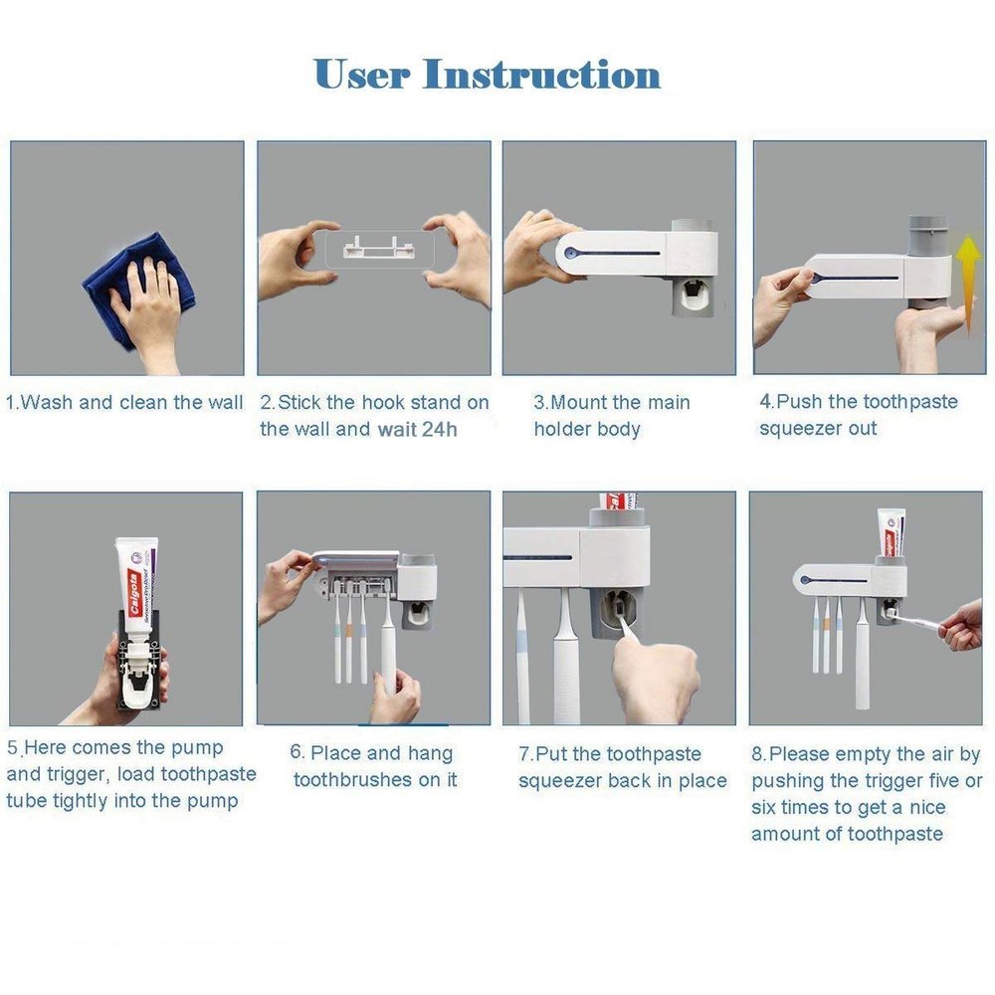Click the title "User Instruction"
coord(487,75)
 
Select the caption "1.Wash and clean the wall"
coord(124,403)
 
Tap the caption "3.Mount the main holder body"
coord(611,416)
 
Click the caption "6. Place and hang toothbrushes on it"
coord(374,766)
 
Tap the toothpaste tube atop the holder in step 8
coord(891,533)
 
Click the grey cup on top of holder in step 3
coord(693,235)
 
